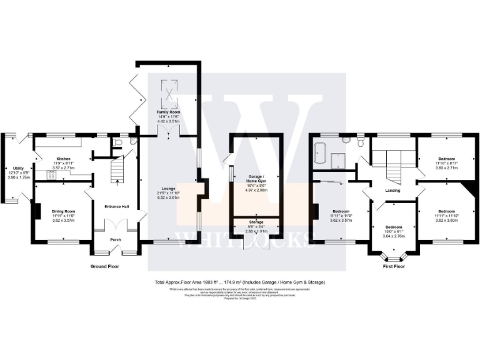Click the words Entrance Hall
pyautogui.click(x=116, y=207)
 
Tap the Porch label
pyautogui.click(x=115, y=240)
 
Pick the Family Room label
pyautogui.click(x=167, y=111)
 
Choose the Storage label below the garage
pyautogui.click(x=257, y=222)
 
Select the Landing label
pyautogui.click(x=392, y=191)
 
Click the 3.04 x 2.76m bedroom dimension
pyautogui.click(x=394, y=231)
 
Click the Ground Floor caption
pyautogui.click(x=104, y=266)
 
